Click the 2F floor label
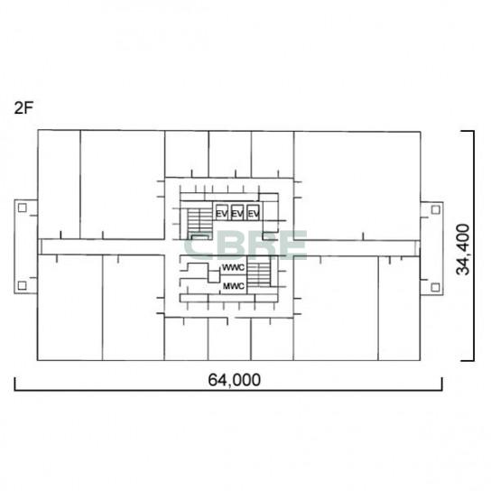23,108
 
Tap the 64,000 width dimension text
235,380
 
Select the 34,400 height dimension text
463,249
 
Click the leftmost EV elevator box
222,212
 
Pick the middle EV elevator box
237,212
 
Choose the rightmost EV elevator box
253,212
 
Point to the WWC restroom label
233,268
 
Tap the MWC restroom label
234,286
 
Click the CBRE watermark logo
245,245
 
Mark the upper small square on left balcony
22,208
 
